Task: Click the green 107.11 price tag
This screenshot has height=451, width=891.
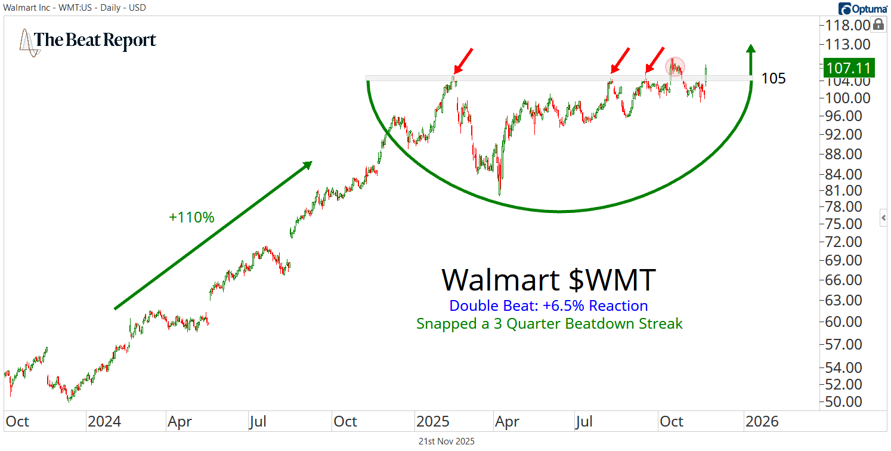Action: point(848,67)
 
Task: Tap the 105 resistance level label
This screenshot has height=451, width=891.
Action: point(774,79)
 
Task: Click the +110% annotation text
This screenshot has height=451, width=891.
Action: point(191,218)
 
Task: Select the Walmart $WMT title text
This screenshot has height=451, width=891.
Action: point(548,279)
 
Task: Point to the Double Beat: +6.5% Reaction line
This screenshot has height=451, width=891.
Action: point(548,306)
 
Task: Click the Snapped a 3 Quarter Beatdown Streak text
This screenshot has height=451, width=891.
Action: point(549,324)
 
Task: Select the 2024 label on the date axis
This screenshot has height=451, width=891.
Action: point(104,422)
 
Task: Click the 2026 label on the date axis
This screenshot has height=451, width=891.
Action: point(762,422)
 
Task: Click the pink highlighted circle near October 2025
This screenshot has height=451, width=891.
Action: point(675,66)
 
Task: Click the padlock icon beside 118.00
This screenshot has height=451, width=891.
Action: point(878,24)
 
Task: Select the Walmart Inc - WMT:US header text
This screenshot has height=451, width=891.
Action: point(74,8)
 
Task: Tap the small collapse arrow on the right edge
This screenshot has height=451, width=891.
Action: point(884,218)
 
